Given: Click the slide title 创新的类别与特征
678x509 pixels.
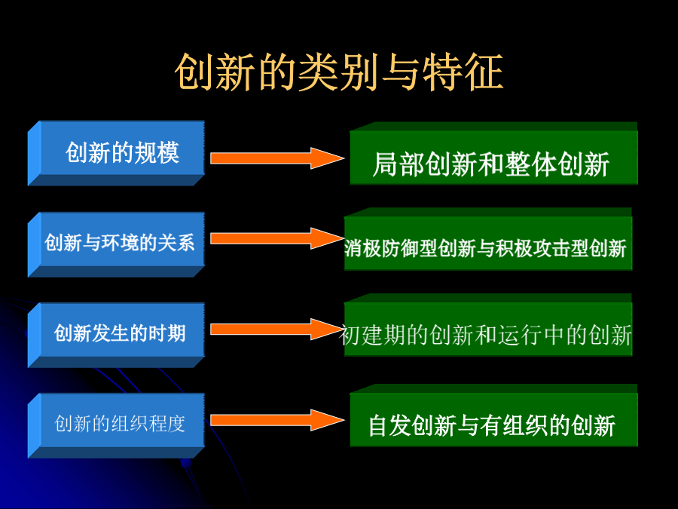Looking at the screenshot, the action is pyautogui.click(x=339, y=72).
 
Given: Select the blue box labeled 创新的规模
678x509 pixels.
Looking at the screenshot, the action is pyautogui.click(x=116, y=153).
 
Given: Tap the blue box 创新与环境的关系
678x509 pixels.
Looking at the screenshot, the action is pyautogui.click(x=116, y=244).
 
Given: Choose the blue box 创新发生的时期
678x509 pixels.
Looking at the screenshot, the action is pyautogui.click(x=116, y=335).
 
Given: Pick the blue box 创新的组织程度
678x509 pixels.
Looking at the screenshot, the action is pyautogui.click(x=116, y=425).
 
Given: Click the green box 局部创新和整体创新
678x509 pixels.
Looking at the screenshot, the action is pyautogui.click(x=493, y=154).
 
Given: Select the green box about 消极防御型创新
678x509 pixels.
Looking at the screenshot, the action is pyautogui.click(x=488, y=239).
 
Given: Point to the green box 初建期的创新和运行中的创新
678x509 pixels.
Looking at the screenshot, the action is pyautogui.click(x=488, y=325).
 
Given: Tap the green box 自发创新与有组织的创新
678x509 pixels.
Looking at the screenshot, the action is pyautogui.click(x=493, y=415).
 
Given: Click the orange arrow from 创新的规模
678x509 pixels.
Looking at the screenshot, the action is pyautogui.click(x=277, y=158).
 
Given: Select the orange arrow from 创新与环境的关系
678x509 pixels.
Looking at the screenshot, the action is pyautogui.click(x=277, y=238).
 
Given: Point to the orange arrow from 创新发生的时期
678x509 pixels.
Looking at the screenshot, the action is pyautogui.click(x=277, y=330).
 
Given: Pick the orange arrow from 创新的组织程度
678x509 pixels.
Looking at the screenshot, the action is pyautogui.click(x=277, y=420).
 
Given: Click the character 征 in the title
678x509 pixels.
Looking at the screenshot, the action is pyautogui.click(x=484, y=72).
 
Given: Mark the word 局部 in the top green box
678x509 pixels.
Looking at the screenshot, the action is pyautogui.click(x=399, y=164).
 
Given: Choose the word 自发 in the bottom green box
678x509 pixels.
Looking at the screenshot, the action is pyautogui.click(x=389, y=425).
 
